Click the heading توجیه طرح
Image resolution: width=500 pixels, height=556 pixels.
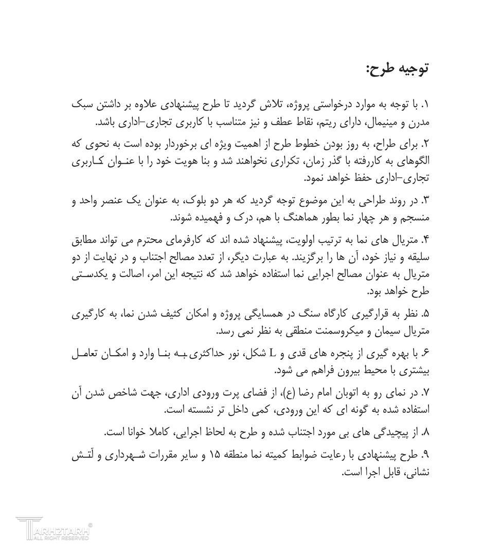[x=397, y=68]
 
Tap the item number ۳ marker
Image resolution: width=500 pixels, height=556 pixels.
[x=425, y=200]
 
